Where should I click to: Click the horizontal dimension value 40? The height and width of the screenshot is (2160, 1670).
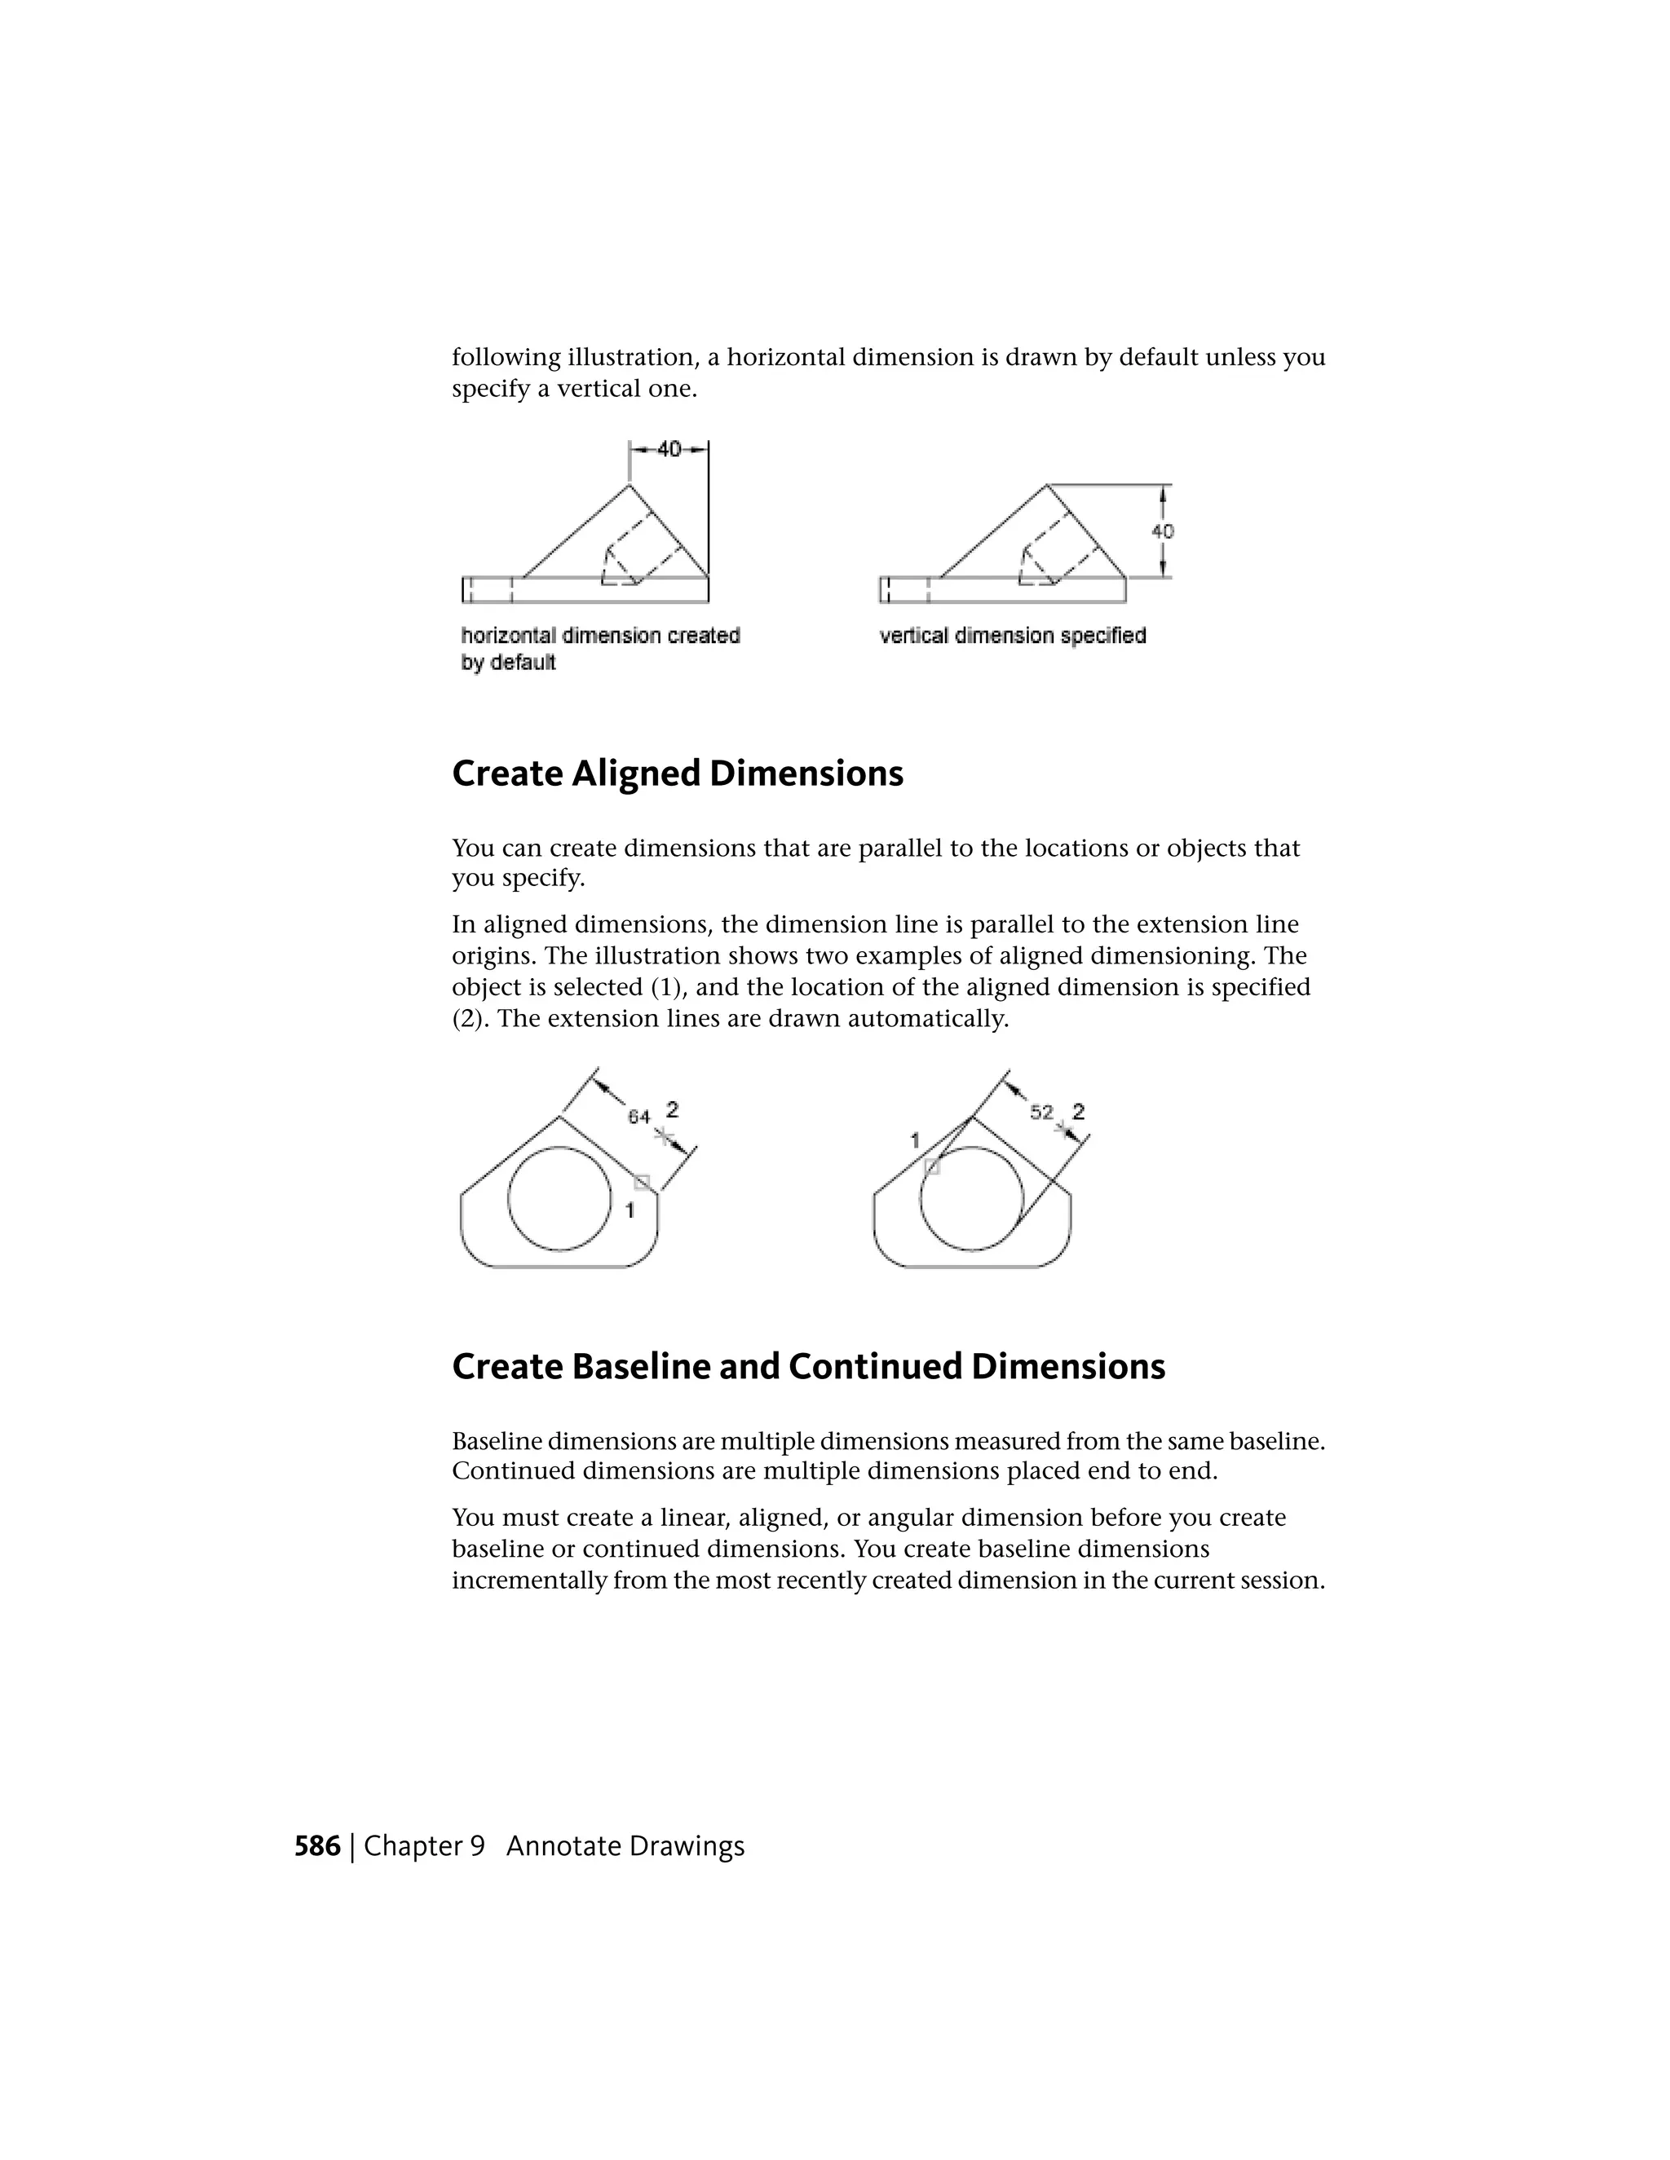pos(669,449)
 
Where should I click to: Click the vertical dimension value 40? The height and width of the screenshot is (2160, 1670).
pos(1163,531)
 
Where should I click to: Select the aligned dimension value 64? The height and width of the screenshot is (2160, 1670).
pos(639,1117)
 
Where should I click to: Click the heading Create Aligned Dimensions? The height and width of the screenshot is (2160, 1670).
pos(678,774)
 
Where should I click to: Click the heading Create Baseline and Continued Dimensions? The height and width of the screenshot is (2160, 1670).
pos(808,1367)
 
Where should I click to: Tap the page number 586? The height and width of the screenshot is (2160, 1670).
pos(316,1846)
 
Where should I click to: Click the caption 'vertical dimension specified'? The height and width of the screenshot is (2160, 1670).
pos(1012,636)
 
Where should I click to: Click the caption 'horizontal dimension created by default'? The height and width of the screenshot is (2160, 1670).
pos(599,648)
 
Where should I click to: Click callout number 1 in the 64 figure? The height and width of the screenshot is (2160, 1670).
pos(630,1209)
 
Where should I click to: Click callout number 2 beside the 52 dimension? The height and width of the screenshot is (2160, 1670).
pos(1078,1112)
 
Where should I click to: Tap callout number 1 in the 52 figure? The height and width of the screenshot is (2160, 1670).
pos(915,1140)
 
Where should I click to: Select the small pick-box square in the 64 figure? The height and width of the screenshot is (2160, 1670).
pos(642,1183)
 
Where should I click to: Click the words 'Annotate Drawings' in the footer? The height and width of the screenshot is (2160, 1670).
pos(625,1846)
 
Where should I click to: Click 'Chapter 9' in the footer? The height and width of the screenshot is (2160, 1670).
pos(424,1846)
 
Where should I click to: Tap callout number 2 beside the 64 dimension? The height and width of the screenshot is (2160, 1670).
pos(672,1109)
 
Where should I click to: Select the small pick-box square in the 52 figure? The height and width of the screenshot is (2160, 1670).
pos(931,1167)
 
